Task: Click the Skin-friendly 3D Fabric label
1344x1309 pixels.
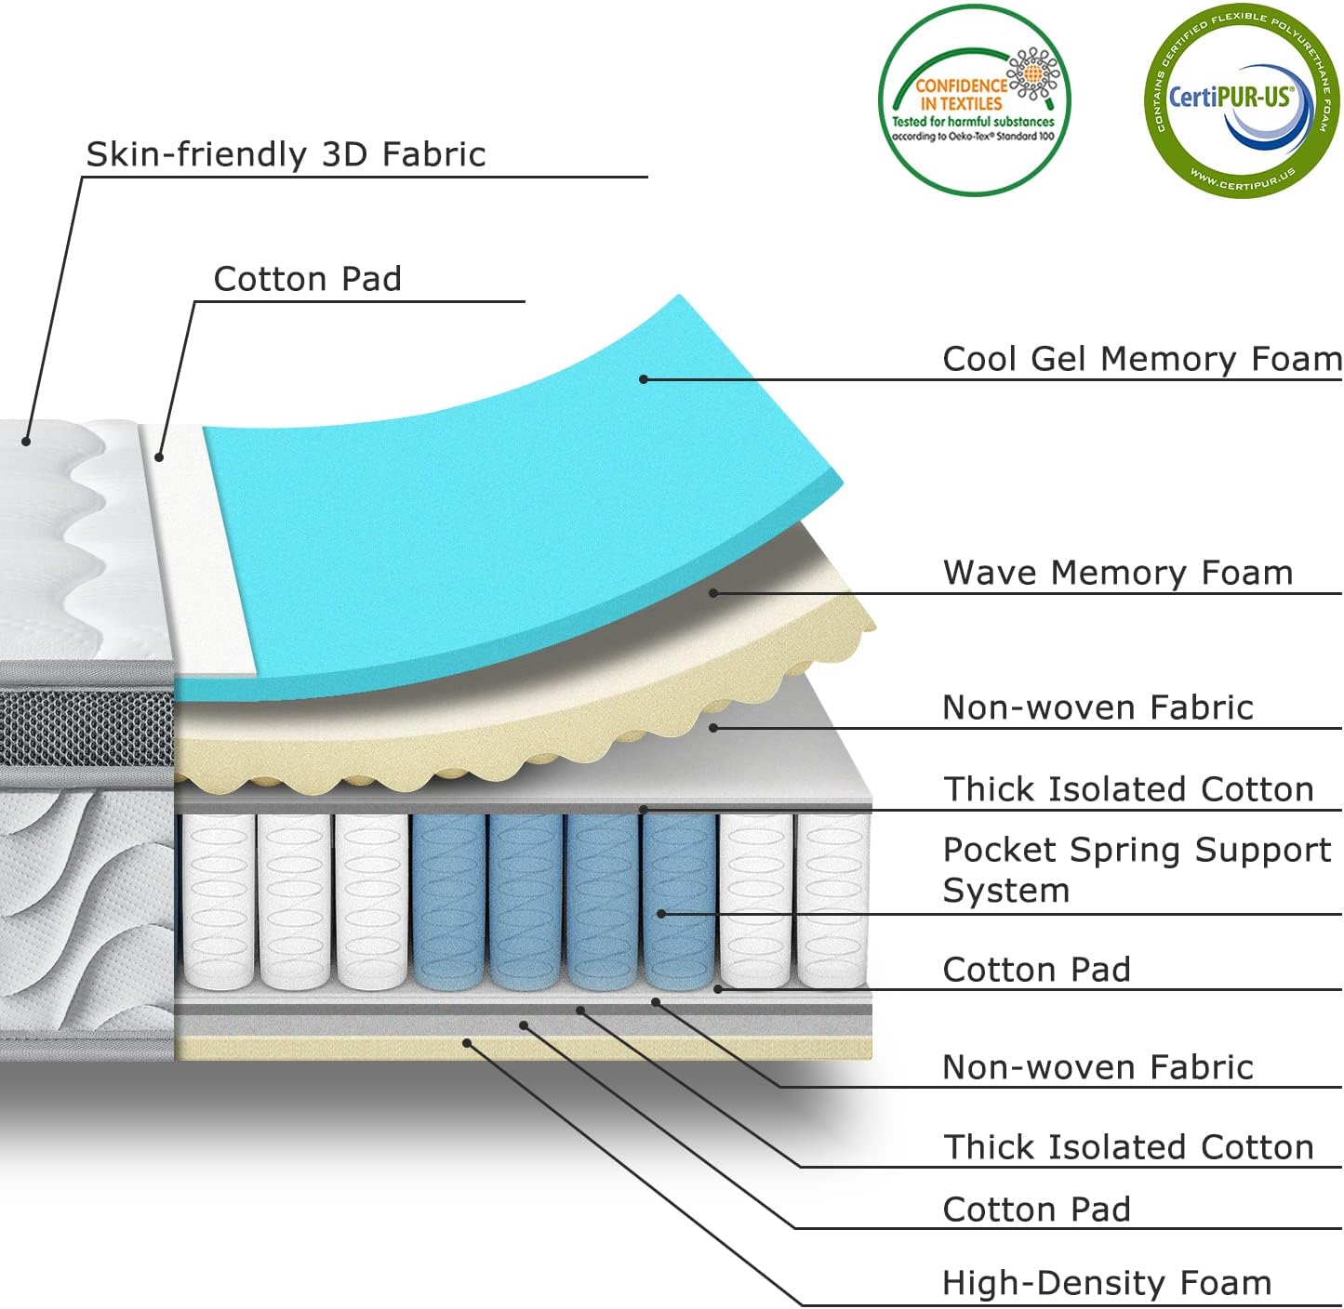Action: (x=286, y=154)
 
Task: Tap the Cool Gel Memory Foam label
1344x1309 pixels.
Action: (x=1141, y=359)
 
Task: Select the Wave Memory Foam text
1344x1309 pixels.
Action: (x=1118, y=573)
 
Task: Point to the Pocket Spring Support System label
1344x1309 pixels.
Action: (x=1137, y=869)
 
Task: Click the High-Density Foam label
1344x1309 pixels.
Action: (x=1106, y=1283)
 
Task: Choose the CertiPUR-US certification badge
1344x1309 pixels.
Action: (x=1241, y=100)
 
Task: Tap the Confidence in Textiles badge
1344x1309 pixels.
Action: (x=974, y=100)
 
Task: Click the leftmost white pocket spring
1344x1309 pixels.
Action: (x=219, y=900)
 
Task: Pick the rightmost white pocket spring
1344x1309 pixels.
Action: (x=832, y=900)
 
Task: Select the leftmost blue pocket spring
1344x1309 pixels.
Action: (x=448, y=900)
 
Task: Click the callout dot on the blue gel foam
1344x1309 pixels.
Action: (x=644, y=378)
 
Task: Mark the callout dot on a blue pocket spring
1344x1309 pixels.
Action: (x=661, y=914)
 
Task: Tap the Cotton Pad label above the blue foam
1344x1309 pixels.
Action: (x=307, y=279)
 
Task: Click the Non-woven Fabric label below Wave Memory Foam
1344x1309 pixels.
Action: (x=1098, y=707)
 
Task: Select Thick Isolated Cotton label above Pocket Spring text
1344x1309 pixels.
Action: (x=1128, y=789)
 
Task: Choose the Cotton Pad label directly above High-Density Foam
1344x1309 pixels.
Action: (x=1036, y=1210)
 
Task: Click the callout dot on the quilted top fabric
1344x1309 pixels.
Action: (x=27, y=441)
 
